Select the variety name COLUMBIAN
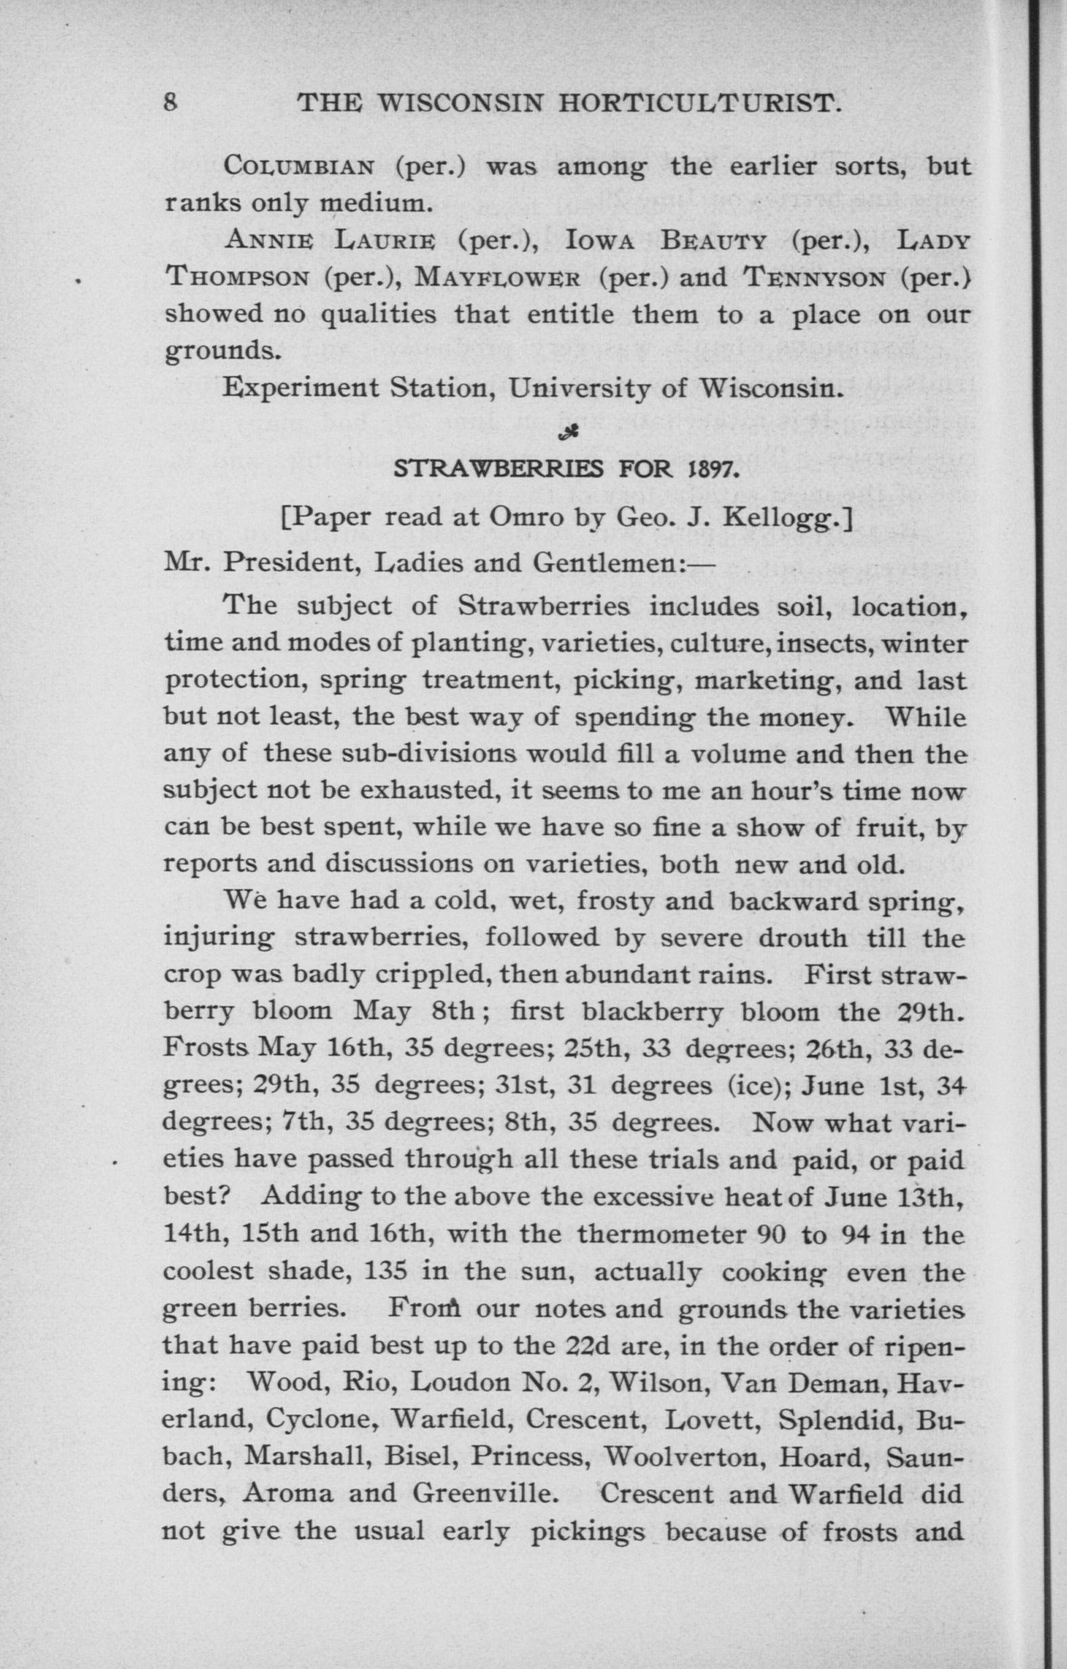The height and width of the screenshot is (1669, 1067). (299, 168)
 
